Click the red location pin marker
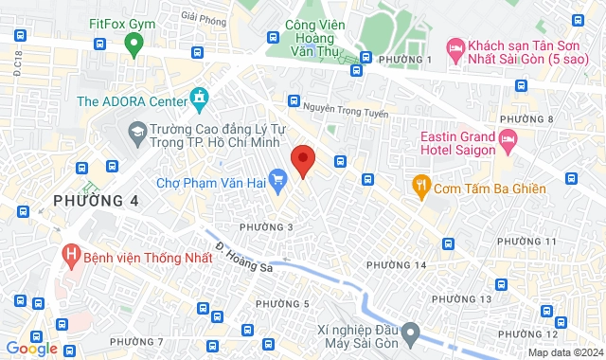coord(303,160)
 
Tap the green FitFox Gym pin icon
coord(134,43)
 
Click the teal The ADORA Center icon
coord(199,99)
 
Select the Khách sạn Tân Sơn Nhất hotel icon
coord(455,46)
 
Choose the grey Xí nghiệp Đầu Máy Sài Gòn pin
coord(410,333)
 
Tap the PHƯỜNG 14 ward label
coord(396,264)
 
